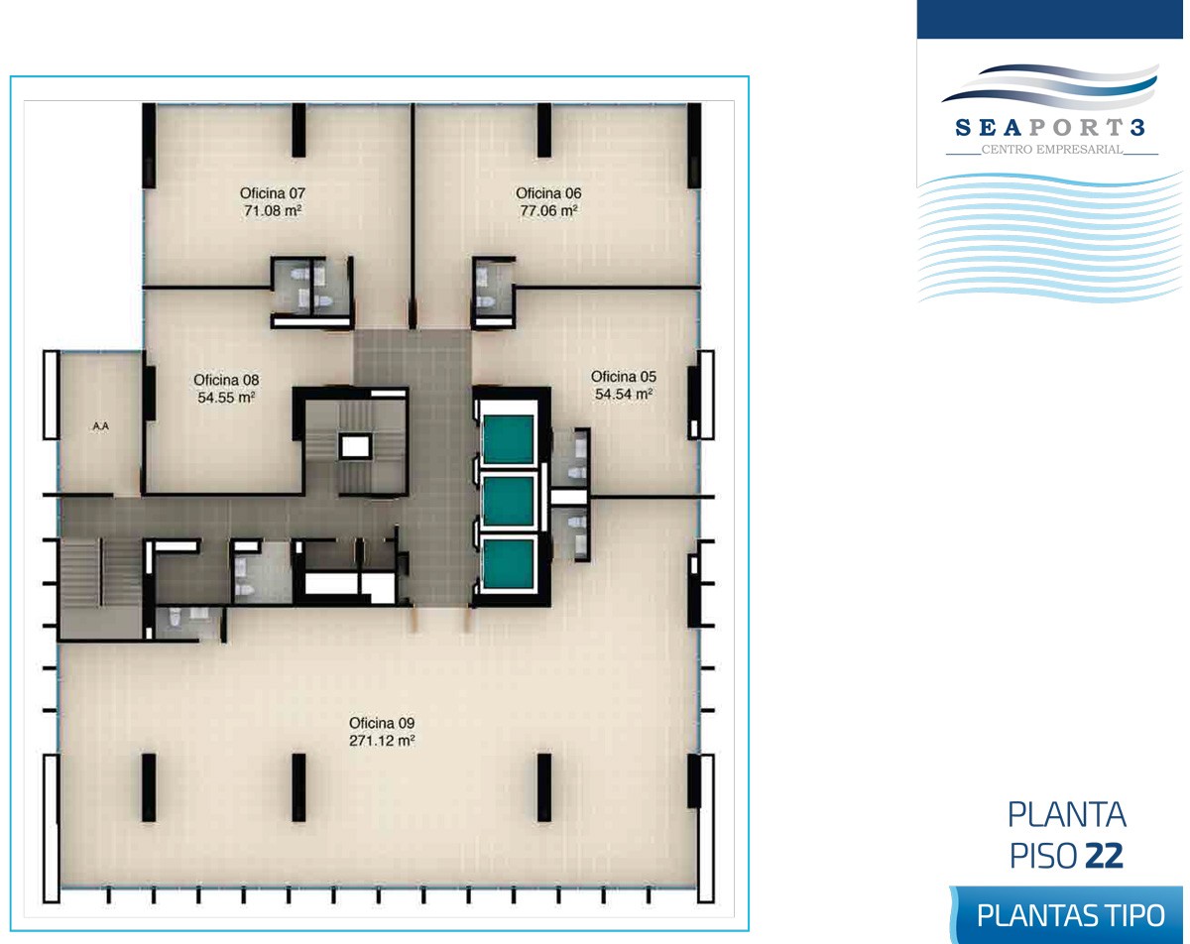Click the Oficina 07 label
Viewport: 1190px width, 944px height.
click(x=272, y=193)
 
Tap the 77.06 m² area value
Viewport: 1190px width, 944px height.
click(x=548, y=210)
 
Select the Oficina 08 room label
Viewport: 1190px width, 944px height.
click(x=226, y=380)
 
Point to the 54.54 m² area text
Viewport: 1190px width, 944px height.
click(x=624, y=395)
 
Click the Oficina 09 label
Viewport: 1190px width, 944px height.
click(x=382, y=723)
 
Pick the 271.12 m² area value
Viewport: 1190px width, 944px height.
click(x=382, y=741)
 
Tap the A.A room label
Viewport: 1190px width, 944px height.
click(x=100, y=426)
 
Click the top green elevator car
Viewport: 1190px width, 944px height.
click(x=508, y=439)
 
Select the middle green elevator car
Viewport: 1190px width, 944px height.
click(x=508, y=501)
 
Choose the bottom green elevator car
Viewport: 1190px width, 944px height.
click(x=508, y=563)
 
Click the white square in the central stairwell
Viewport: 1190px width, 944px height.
click(x=355, y=447)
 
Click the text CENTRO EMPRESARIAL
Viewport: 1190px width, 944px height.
click(x=1052, y=150)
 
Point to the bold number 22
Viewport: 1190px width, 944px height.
click(x=1105, y=856)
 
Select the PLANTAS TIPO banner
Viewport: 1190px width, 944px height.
click(x=1067, y=915)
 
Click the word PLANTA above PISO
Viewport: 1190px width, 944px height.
click(x=1067, y=814)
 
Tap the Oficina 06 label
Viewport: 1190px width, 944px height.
click(x=548, y=193)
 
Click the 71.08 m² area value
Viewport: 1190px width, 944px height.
click(x=273, y=210)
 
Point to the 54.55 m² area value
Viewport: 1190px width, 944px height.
click(x=226, y=398)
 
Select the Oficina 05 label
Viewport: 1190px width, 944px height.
click(x=624, y=377)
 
